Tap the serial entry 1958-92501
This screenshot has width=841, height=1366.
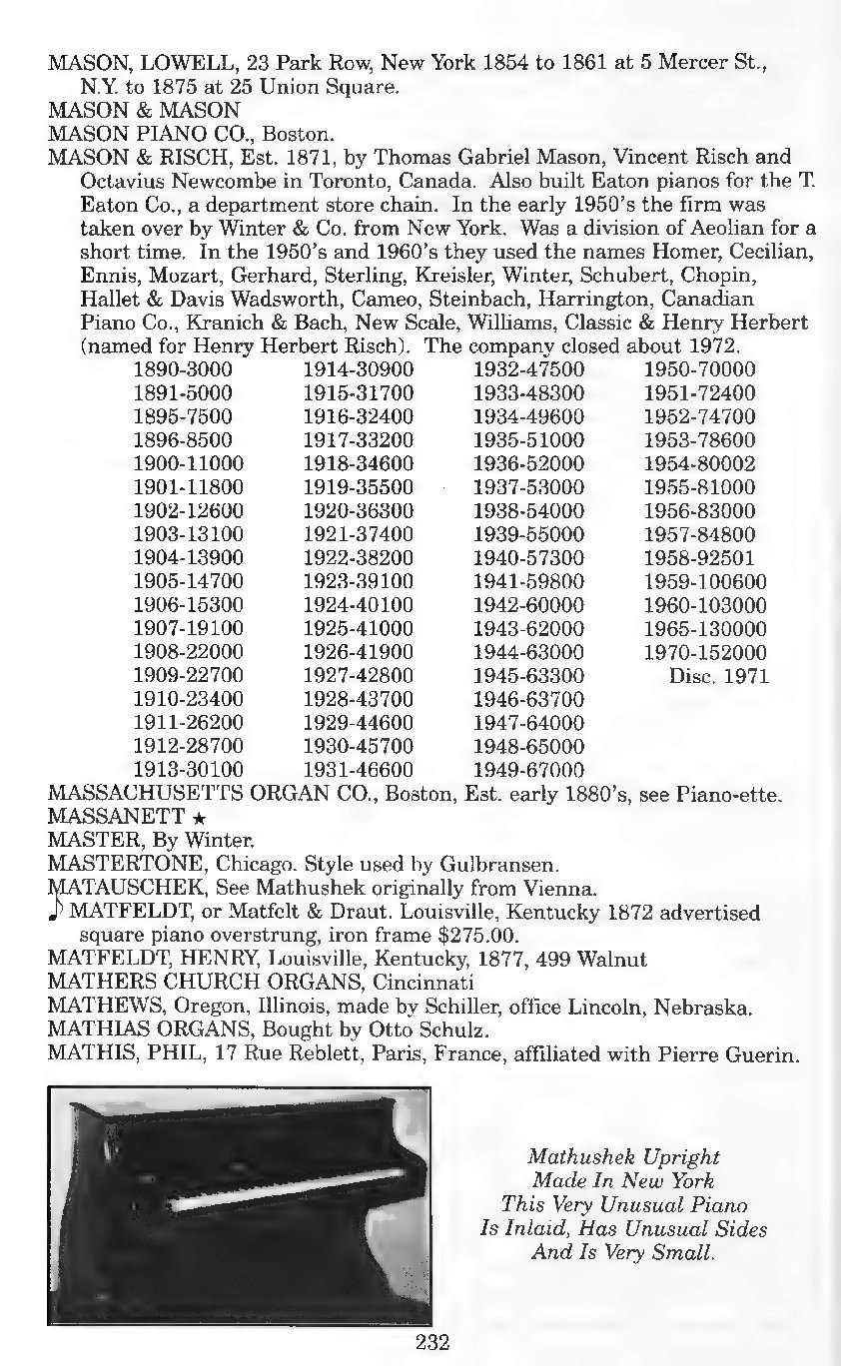click(699, 558)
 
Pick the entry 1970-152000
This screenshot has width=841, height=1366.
click(705, 652)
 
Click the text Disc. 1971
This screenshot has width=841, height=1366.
click(718, 676)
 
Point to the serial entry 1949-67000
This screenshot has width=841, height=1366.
click(527, 770)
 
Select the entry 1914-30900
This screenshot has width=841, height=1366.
click(358, 369)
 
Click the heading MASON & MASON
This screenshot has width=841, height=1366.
click(144, 109)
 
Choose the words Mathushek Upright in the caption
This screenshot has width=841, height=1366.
click(623, 1157)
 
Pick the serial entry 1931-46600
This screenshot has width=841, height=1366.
click(358, 770)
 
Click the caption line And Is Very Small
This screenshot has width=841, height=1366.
click(623, 1251)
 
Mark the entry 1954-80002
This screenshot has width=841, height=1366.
click(699, 464)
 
